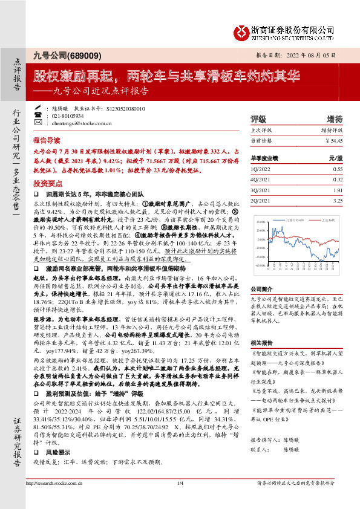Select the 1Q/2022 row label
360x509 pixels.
(260, 170)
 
